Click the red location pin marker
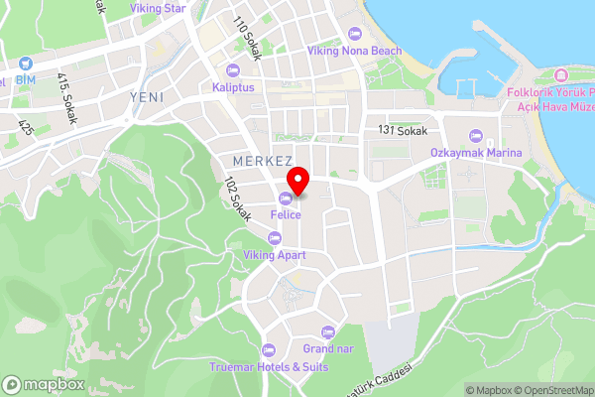[297, 182]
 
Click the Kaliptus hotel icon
[233, 69]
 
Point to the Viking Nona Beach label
[354, 51]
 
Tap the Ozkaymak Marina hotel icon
[475, 135]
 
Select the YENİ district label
[148, 96]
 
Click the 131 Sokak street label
[401, 130]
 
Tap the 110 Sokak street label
[246, 39]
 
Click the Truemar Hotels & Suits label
[268, 366]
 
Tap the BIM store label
[25, 79]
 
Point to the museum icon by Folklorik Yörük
[560, 76]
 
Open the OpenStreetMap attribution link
[553, 390]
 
